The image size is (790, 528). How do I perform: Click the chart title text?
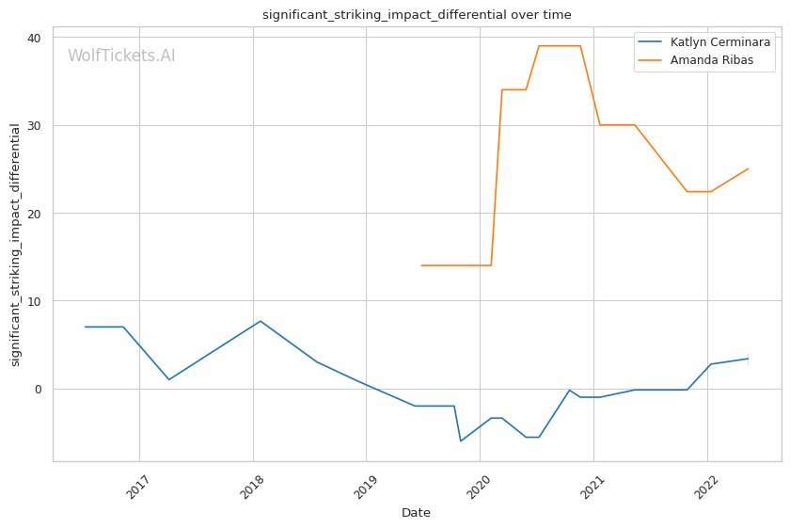click(417, 15)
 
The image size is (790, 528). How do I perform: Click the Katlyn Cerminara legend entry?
click(720, 42)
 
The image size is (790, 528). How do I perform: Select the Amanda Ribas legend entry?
click(718, 60)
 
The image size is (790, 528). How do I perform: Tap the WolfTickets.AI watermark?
click(121, 56)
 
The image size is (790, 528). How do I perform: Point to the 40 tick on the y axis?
click(34, 38)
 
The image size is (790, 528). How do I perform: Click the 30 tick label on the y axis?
click(34, 125)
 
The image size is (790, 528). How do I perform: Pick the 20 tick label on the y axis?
click(34, 214)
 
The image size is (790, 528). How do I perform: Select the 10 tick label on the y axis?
click(34, 301)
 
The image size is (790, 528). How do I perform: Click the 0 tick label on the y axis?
click(38, 389)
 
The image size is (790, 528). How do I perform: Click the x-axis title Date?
click(417, 513)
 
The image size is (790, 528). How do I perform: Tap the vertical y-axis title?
click(16, 245)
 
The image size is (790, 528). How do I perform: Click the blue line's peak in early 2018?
click(261, 321)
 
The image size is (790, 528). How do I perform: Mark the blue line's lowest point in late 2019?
click(461, 440)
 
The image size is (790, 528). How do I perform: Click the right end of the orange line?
click(748, 169)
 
